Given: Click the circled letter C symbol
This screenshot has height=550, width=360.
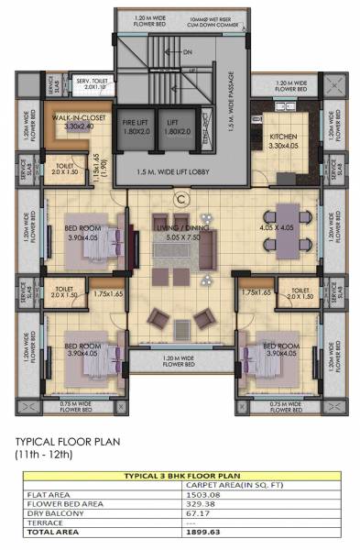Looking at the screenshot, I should [x=180, y=199].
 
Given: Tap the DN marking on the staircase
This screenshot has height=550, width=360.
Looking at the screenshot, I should [x=187, y=53].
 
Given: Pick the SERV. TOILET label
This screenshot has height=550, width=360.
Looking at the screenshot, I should [x=92, y=80].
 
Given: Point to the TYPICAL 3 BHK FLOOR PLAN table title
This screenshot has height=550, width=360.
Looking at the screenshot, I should [x=180, y=476].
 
